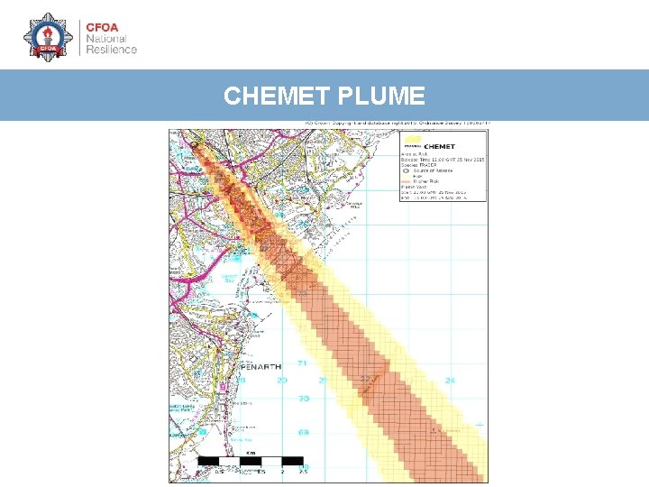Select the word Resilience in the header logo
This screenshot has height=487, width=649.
tap(111, 50)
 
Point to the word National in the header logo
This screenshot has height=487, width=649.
tap(106, 38)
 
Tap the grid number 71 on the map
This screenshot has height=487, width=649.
tap(303, 363)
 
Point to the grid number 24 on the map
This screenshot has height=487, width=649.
tap(450, 380)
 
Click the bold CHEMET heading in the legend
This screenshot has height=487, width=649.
tap(439, 145)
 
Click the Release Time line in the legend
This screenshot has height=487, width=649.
tap(442, 160)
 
